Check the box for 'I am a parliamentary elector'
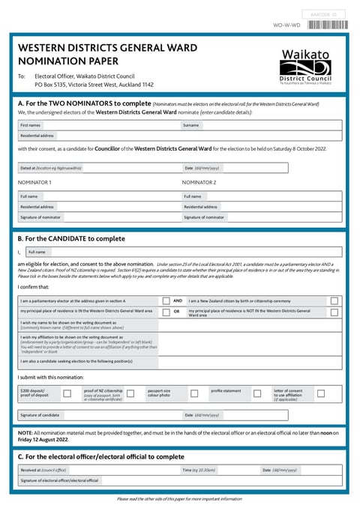[166, 300]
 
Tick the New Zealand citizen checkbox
[334, 300]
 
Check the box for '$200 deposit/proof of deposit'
[67, 393]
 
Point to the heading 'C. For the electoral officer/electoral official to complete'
[100, 456]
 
